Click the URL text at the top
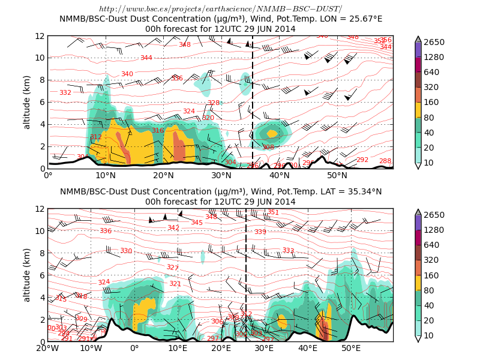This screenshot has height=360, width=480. [220, 8]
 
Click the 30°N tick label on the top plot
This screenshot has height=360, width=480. [221, 175]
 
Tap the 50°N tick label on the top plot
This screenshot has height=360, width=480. [337, 175]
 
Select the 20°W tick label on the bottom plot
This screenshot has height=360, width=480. [47, 348]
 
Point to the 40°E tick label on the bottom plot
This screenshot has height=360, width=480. [308, 348]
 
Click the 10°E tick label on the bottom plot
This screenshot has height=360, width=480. [178, 348]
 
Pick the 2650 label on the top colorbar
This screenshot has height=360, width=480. [434, 42]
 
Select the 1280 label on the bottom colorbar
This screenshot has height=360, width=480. [434, 230]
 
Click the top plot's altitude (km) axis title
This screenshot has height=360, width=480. [26, 102]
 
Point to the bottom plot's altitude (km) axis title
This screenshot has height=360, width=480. [26, 275]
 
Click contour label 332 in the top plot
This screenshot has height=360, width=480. [65, 92]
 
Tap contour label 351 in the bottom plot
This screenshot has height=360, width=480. [273, 212]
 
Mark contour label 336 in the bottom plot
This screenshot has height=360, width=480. [106, 231]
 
